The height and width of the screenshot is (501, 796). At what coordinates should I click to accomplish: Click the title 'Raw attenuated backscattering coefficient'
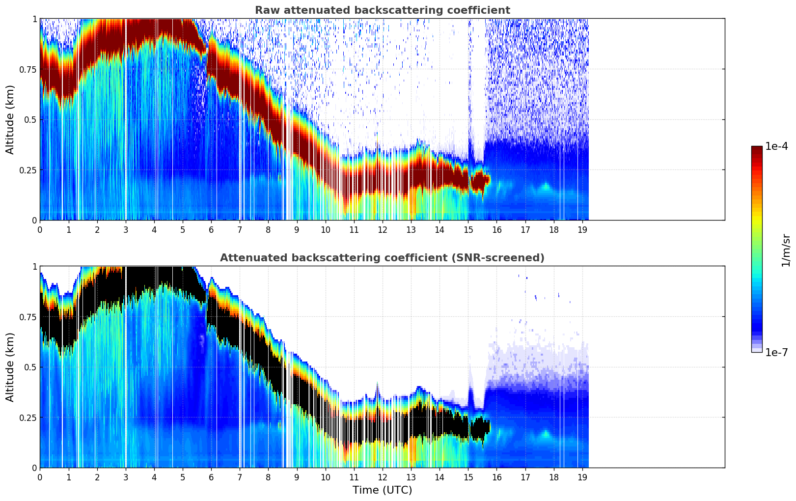[x=382, y=10]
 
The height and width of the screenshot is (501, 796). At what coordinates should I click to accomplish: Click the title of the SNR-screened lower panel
[x=382, y=258]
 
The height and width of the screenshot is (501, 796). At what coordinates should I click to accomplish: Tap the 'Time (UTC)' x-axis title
[x=382, y=490]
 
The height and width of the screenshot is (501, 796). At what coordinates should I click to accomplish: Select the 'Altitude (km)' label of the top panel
[x=10, y=119]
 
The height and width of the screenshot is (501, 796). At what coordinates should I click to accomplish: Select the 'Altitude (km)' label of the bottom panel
[x=10, y=367]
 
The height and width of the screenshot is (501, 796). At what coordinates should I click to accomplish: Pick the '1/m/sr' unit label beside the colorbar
[x=786, y=250]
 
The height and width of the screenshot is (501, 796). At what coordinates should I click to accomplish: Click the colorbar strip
[x=757, y=249]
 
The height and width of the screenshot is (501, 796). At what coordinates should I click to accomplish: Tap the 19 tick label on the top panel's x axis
[x=582, y=229]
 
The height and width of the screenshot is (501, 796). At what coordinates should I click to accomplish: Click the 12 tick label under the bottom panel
[x=383, y=477]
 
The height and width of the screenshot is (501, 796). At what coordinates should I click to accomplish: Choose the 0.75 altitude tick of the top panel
[x=27, y=69]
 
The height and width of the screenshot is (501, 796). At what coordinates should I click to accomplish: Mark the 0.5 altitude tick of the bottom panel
[x=30, y=367]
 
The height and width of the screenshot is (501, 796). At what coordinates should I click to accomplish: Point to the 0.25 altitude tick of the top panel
[x=27, y=170]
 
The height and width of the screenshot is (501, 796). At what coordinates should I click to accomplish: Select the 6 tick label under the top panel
[x=211, y=229]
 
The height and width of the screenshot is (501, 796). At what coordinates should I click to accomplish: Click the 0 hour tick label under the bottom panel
[x=40, y=477]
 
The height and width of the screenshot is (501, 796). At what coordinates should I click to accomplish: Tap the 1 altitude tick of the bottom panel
[x=34, y=266]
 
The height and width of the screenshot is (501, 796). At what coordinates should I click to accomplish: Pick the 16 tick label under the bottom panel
[x=496, y=477]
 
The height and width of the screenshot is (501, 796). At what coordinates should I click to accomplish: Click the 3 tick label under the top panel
[x=126, y=229]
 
